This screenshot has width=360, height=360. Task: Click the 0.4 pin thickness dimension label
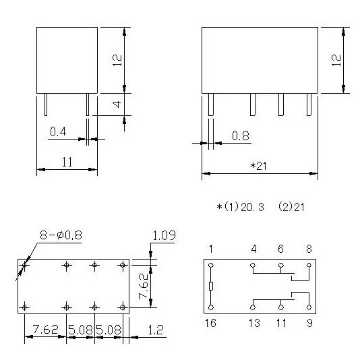(x=58, y=131)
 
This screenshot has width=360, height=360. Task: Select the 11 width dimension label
(x=67, y=162)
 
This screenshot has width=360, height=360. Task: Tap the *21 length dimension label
(x=258, y=166)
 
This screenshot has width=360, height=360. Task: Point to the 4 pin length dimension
(x=117, y=104)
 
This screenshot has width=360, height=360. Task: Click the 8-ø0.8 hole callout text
(x=61, y=235)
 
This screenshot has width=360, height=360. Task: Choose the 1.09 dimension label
(x=164, y=235)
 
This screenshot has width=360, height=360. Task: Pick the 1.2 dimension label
(x=156, y=330)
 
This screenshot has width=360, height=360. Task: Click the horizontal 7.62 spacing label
(x=45, y=330)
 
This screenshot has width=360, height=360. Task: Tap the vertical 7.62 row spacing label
(x=144, y=287)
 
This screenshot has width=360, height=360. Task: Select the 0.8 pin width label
(x=241, y=136)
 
